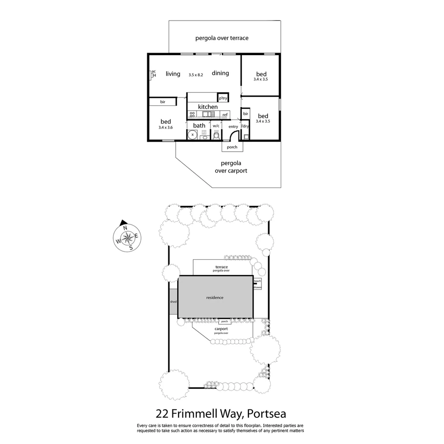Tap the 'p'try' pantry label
(223, 98)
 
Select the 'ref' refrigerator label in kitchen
(225, 115)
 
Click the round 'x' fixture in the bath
(192, 134)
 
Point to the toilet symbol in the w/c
(216, 135)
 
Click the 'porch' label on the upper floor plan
(232, 147)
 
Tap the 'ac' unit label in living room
(153, 72)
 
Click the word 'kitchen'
(208, 107)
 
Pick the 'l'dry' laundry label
(245, 126)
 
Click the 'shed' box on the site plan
(173, 302)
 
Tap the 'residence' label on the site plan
(215, 297)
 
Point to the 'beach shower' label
(257, 284)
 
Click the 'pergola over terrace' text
(222, 38)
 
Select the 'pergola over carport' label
(231, 166)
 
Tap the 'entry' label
(233, 126)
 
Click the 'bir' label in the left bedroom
(163, 102)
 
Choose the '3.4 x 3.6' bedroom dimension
(166, 128)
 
